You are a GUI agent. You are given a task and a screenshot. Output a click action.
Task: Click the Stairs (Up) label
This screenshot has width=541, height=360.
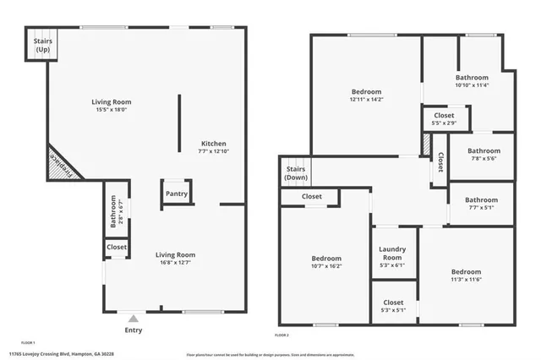(x=41, y=46)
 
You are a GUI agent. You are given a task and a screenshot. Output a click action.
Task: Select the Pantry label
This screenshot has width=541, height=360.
(x=177, y=194)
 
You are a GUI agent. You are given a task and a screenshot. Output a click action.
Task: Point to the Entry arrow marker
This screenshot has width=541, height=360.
(x=133, y=319)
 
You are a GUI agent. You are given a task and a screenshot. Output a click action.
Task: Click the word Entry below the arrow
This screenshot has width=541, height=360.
(x=133, y=330)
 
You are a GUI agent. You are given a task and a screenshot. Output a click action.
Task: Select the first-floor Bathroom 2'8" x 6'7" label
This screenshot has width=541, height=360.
(x=112, y=212)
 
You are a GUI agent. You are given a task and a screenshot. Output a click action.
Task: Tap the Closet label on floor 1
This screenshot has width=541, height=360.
(x=117, y=248)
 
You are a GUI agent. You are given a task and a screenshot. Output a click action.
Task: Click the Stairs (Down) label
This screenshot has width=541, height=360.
(x=296, y=173)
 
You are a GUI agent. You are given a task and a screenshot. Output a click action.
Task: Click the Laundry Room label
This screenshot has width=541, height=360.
(x=393, y=253)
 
